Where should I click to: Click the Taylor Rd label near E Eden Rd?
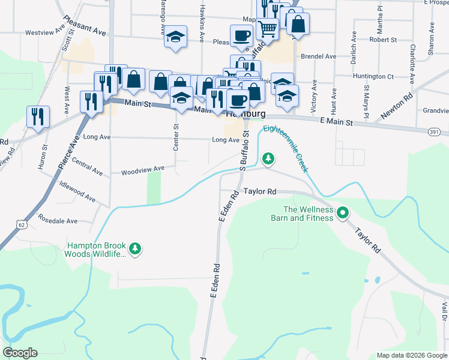point(260,191)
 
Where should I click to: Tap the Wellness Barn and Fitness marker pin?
point(343,212)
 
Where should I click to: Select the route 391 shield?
point(435,131)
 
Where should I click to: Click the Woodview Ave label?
point(142,169)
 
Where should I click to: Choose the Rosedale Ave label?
point(58,220)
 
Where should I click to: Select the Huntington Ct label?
point(373,76)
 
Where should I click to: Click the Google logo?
point(20,353)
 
